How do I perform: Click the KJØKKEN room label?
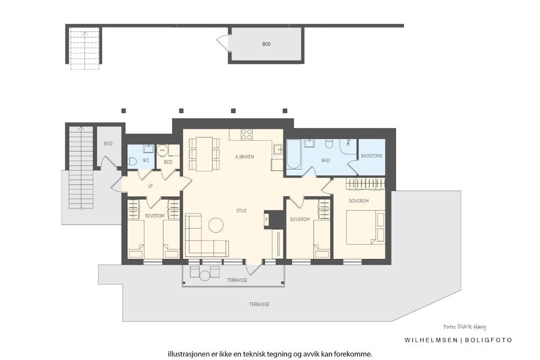[244, 156]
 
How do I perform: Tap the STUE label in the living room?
[241, 210]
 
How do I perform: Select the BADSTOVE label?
[371, 155]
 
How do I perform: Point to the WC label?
[145, 160]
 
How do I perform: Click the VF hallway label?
[150, 186]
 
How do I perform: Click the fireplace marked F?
[266, 219]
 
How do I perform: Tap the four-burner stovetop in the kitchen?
[246, 134]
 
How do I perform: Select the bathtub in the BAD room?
[294, 154]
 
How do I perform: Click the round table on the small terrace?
[205, 275]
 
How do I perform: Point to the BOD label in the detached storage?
[266, 44]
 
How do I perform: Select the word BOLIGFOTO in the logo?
[488, 340]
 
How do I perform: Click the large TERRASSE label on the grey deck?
[259, 304]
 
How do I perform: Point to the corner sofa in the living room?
[203, 237]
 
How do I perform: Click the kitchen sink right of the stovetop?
[277, 149]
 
